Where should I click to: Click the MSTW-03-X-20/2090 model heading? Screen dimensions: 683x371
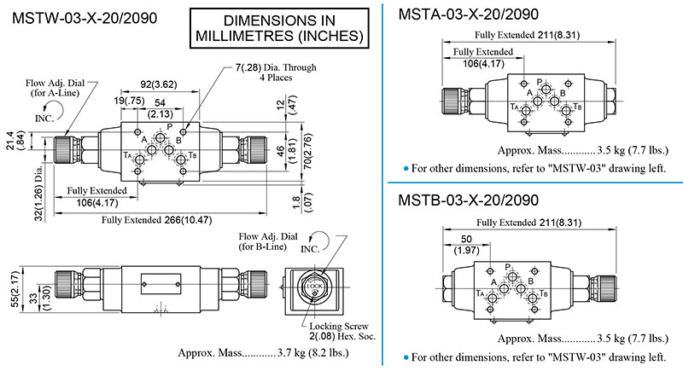point(85,18)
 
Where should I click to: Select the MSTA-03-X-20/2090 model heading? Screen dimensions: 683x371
point(468,14)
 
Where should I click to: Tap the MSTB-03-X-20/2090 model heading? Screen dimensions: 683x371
point(468,200)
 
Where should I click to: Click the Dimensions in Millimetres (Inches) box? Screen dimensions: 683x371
point(279,28)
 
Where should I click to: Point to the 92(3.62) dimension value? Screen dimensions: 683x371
point(159,84)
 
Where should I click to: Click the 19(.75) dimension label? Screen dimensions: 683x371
point(130,101)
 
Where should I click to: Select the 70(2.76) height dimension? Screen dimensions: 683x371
point(308,151)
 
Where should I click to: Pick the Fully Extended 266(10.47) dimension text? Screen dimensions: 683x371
point(157,220)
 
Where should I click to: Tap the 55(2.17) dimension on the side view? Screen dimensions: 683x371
point(15,289)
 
